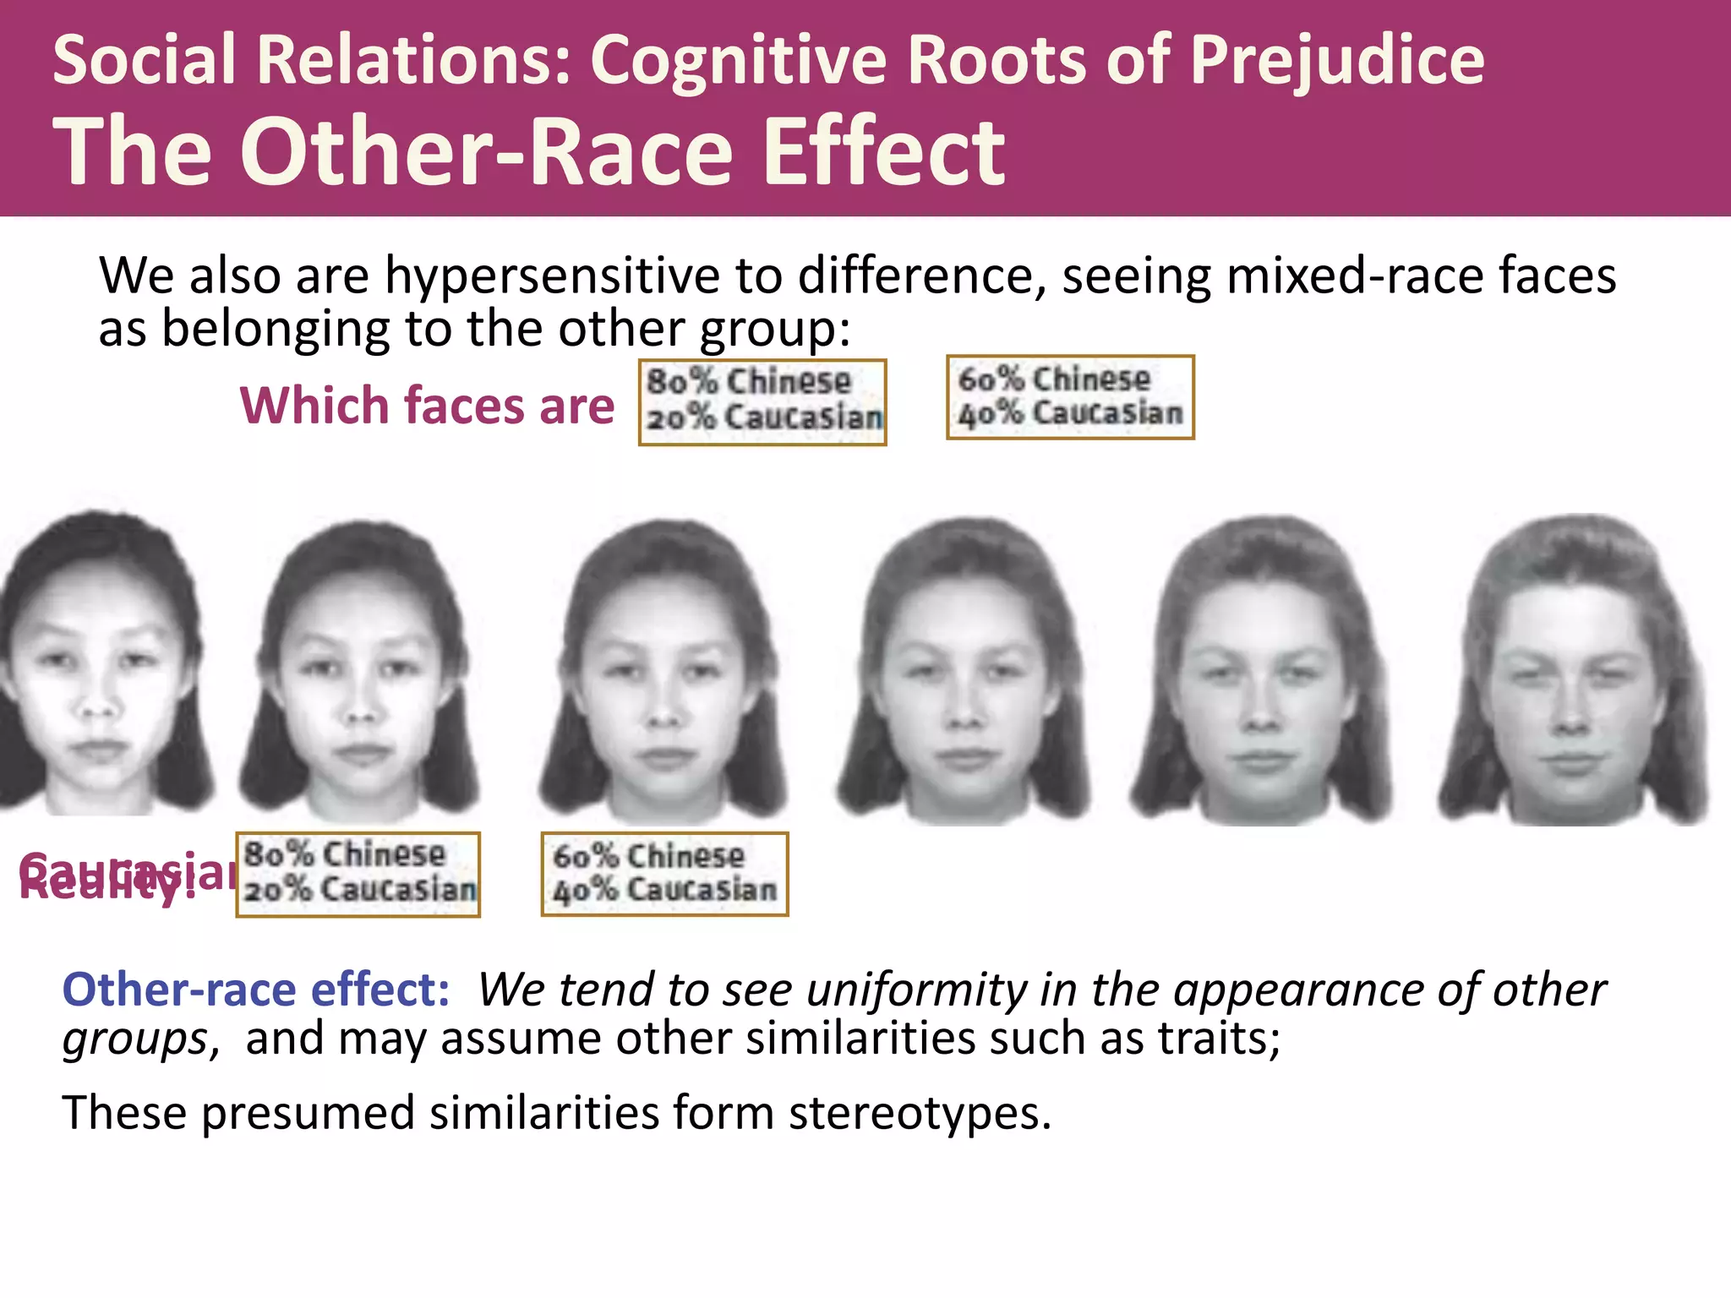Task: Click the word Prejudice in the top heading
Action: coord(1337,61)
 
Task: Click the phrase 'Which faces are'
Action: coord(427,406)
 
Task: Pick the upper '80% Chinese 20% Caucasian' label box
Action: coord(762,402)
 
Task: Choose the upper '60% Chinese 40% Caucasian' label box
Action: coord(1070,397)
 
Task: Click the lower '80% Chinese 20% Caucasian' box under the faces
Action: coord(358,874)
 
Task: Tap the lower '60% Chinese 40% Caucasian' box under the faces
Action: coord(664,874)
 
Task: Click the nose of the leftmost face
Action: coord(97,706)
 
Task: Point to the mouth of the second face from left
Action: coord(362,752)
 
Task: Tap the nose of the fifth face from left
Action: coord(1263,718)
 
